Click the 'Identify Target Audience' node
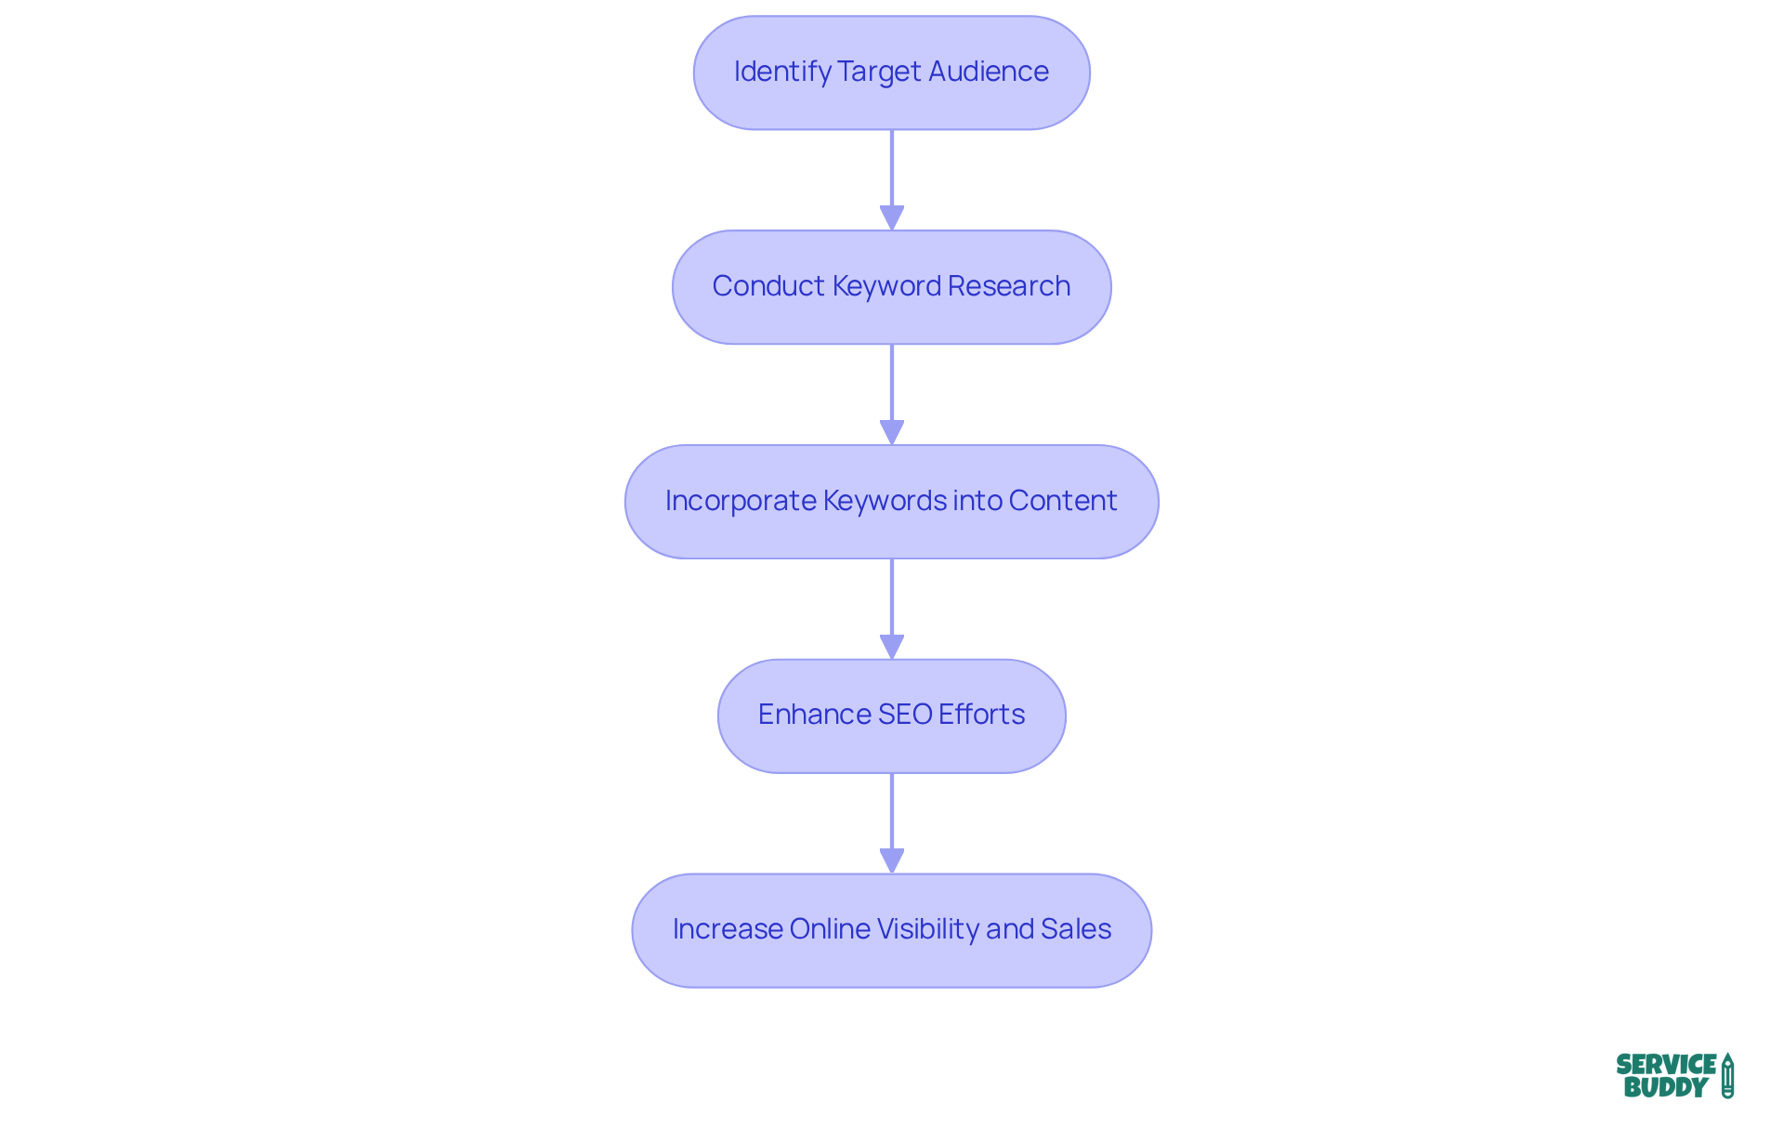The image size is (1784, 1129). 891,72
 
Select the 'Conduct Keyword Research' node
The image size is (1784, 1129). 891,287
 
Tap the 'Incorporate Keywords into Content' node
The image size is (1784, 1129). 891,502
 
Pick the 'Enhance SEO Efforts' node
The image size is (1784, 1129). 891,715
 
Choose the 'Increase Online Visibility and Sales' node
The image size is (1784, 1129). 891,930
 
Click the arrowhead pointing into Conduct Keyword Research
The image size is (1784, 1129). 892,218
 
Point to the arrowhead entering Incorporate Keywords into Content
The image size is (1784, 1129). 892,433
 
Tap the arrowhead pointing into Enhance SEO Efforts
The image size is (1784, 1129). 892,647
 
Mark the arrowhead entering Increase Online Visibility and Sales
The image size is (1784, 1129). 892,861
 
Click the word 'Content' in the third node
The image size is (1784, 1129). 1062,501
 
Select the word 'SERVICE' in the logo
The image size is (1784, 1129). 1666,1065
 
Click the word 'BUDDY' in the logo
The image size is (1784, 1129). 1665,1087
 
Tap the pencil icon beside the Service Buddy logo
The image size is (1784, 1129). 1727,1076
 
